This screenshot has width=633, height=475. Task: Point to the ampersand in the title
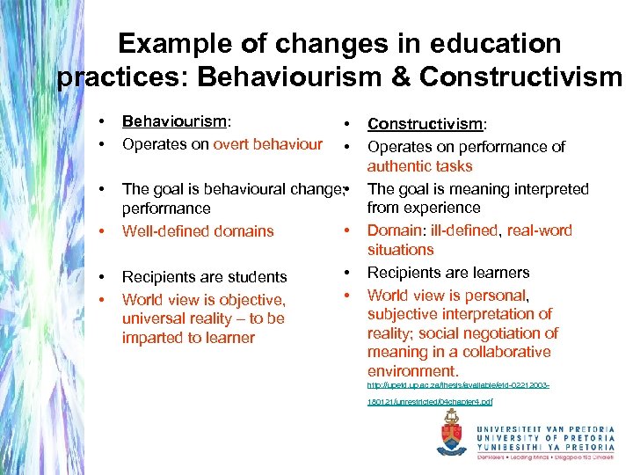pyautogui.click(x=399, y=77)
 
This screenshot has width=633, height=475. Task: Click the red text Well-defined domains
pyautogui.click(x=198, y=231)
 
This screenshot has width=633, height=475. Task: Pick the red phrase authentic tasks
pyautogui.click(x=419, y=165)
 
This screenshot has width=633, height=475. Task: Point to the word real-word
pyautogui.click(x=540, y=230)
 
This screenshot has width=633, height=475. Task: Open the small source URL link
pyautogui.click(x=457, y=385)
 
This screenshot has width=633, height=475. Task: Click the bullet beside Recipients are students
pyautogui.click(x=103, y=277)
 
